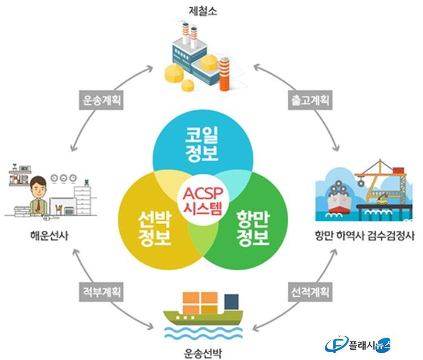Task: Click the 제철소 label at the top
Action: (202, 11)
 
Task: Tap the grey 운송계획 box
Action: (101, 100)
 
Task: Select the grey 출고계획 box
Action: (310, 100)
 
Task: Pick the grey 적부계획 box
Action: (101, 292)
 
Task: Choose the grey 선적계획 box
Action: (310, 292)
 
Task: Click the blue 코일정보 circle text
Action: (202, 144)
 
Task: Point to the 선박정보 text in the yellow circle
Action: (155, 229)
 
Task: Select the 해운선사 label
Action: (50, 236)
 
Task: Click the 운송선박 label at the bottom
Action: (203, 353)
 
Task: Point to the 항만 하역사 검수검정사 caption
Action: (365, 236)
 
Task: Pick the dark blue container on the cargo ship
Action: (231, 302)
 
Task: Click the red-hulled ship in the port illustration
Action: (339, 199)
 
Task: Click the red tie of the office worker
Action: (38, 205)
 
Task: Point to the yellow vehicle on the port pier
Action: (382, 201)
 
